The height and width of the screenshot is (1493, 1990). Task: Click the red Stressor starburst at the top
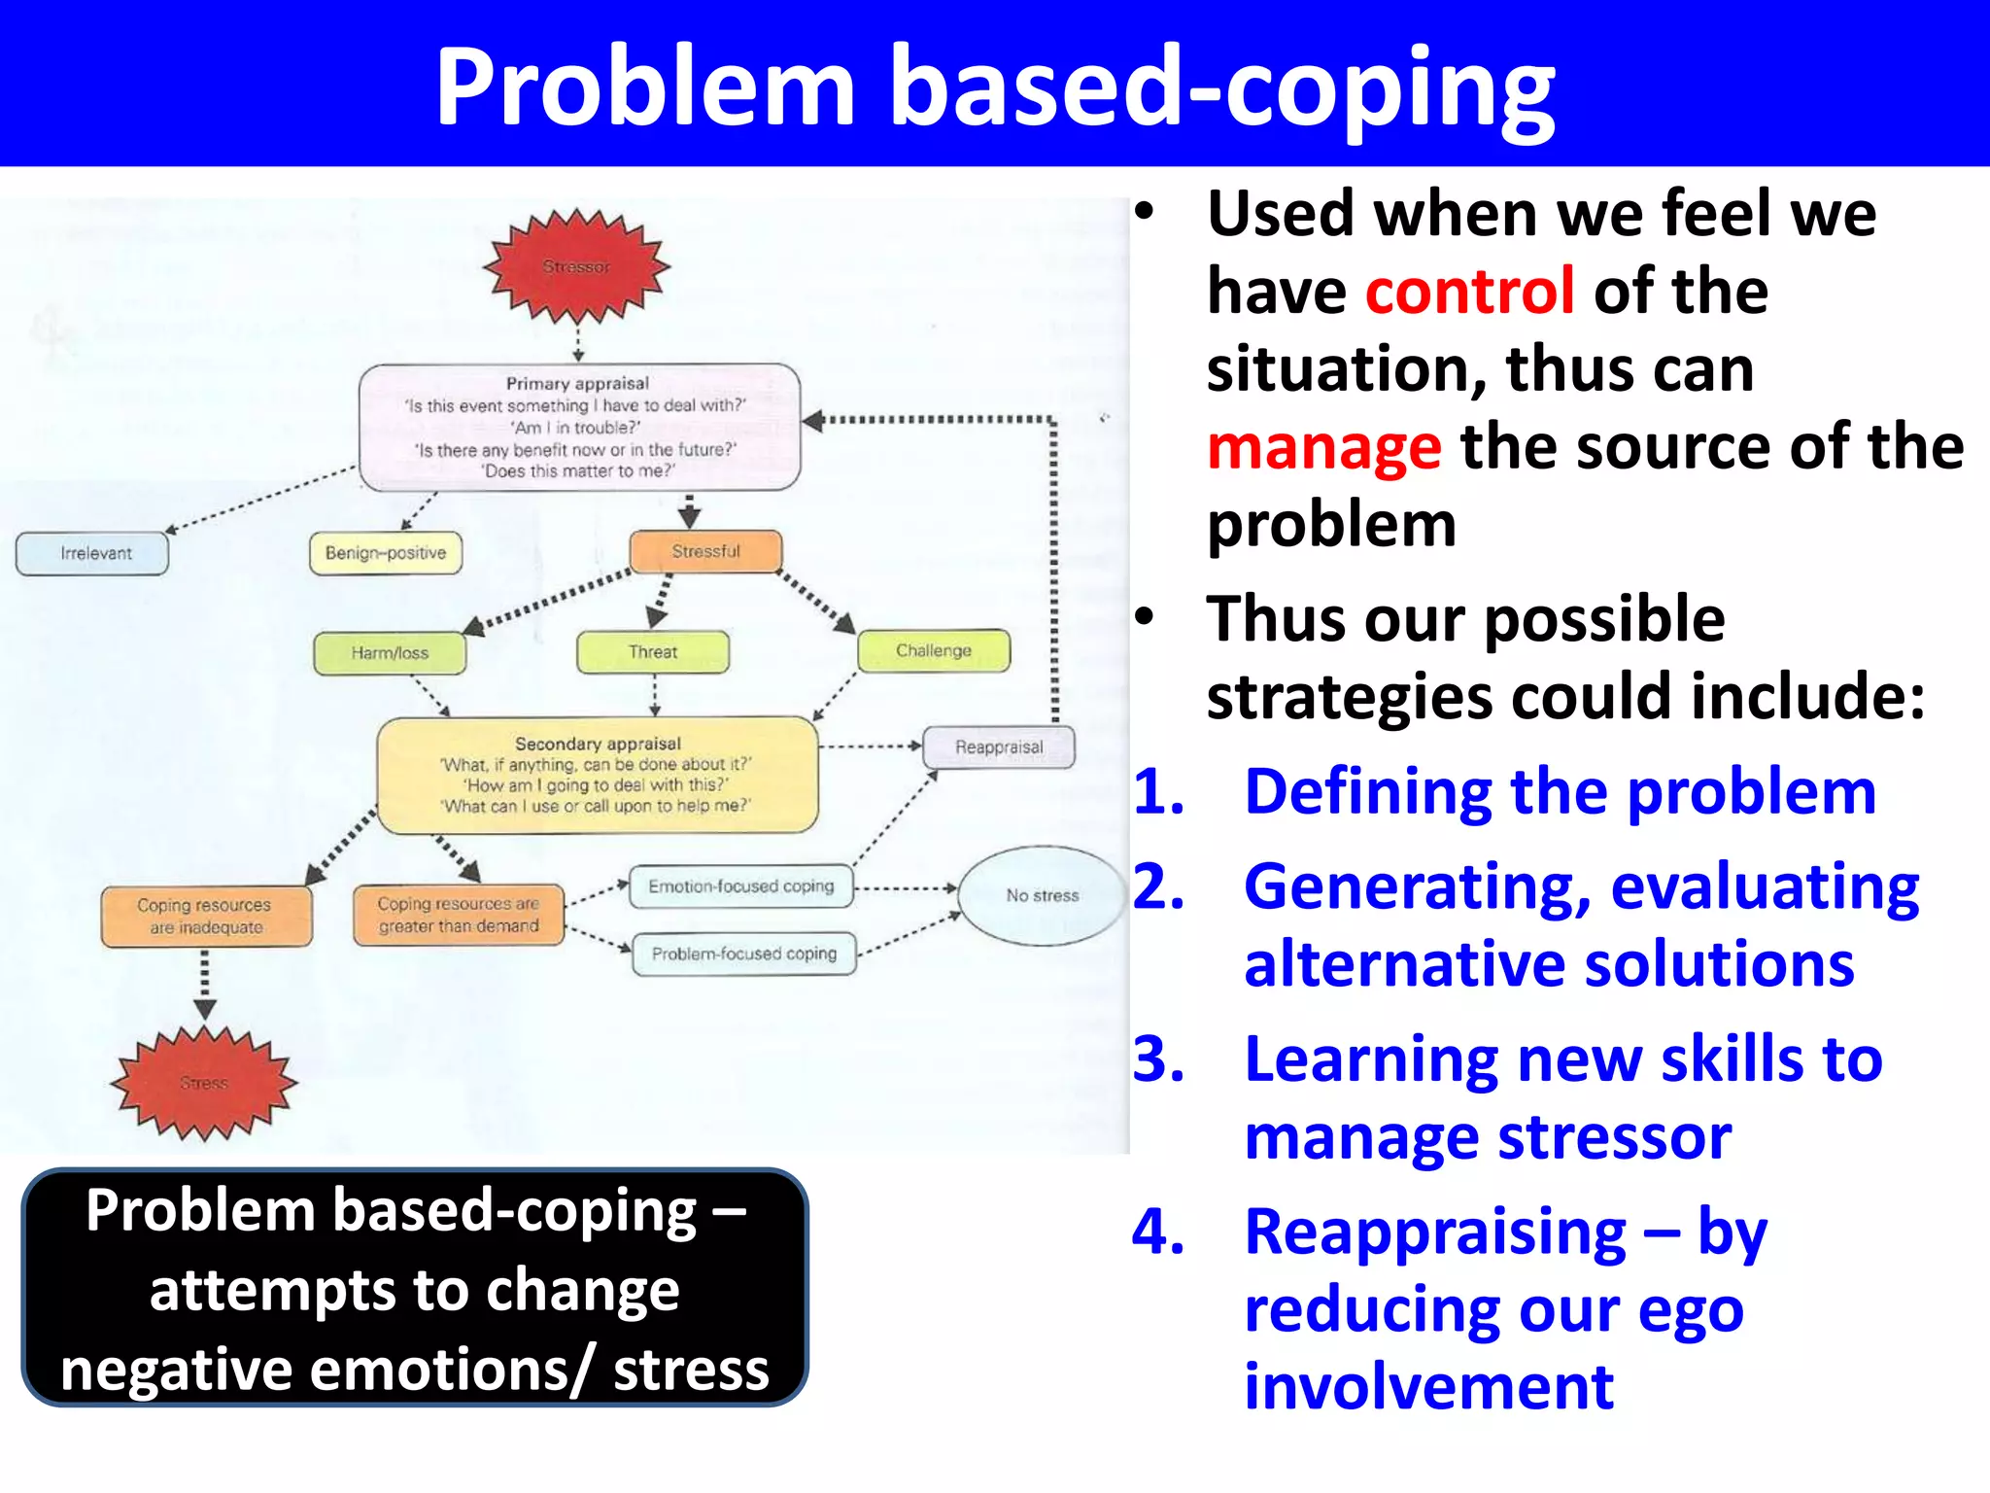[577, 266]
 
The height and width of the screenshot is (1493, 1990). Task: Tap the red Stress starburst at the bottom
[204, 1082]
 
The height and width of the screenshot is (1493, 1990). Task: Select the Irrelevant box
[93, 553]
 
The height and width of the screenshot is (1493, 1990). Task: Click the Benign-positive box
[386, 553]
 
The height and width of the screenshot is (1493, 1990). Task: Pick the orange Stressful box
[705, 551]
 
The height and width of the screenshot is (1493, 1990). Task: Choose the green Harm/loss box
[390, 652]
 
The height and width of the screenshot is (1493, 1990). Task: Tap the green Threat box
[653, 651]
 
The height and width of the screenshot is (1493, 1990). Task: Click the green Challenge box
[934, 650]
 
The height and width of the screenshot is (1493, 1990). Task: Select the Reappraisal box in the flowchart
[999, 746]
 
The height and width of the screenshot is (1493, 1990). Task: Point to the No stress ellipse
[1042, 895]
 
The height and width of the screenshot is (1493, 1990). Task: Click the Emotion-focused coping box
[741, 886]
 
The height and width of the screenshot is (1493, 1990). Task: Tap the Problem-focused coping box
[744, 954]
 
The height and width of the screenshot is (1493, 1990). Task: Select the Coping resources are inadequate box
[206, 916]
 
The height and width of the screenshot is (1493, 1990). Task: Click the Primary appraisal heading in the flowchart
[577, 383]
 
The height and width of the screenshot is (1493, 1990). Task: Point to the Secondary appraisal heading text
[598, 744]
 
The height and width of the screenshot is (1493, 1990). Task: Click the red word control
[1469, 291]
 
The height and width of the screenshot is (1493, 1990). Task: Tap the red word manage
[1323, 447]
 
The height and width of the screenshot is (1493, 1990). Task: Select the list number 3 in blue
[1158, 1059]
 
